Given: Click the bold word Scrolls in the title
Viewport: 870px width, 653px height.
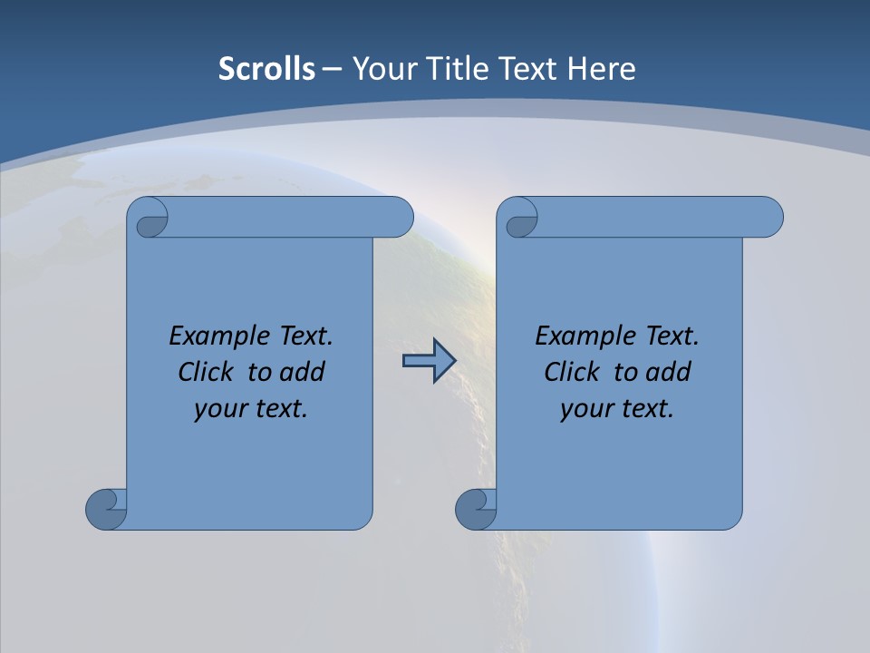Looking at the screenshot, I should (x=267, y=69).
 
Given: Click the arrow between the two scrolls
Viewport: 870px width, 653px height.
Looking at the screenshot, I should (x=429, y=361).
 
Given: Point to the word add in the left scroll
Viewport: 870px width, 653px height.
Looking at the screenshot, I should (x=303, y=372).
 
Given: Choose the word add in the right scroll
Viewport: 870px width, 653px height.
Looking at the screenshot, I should (x=669, y=372).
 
